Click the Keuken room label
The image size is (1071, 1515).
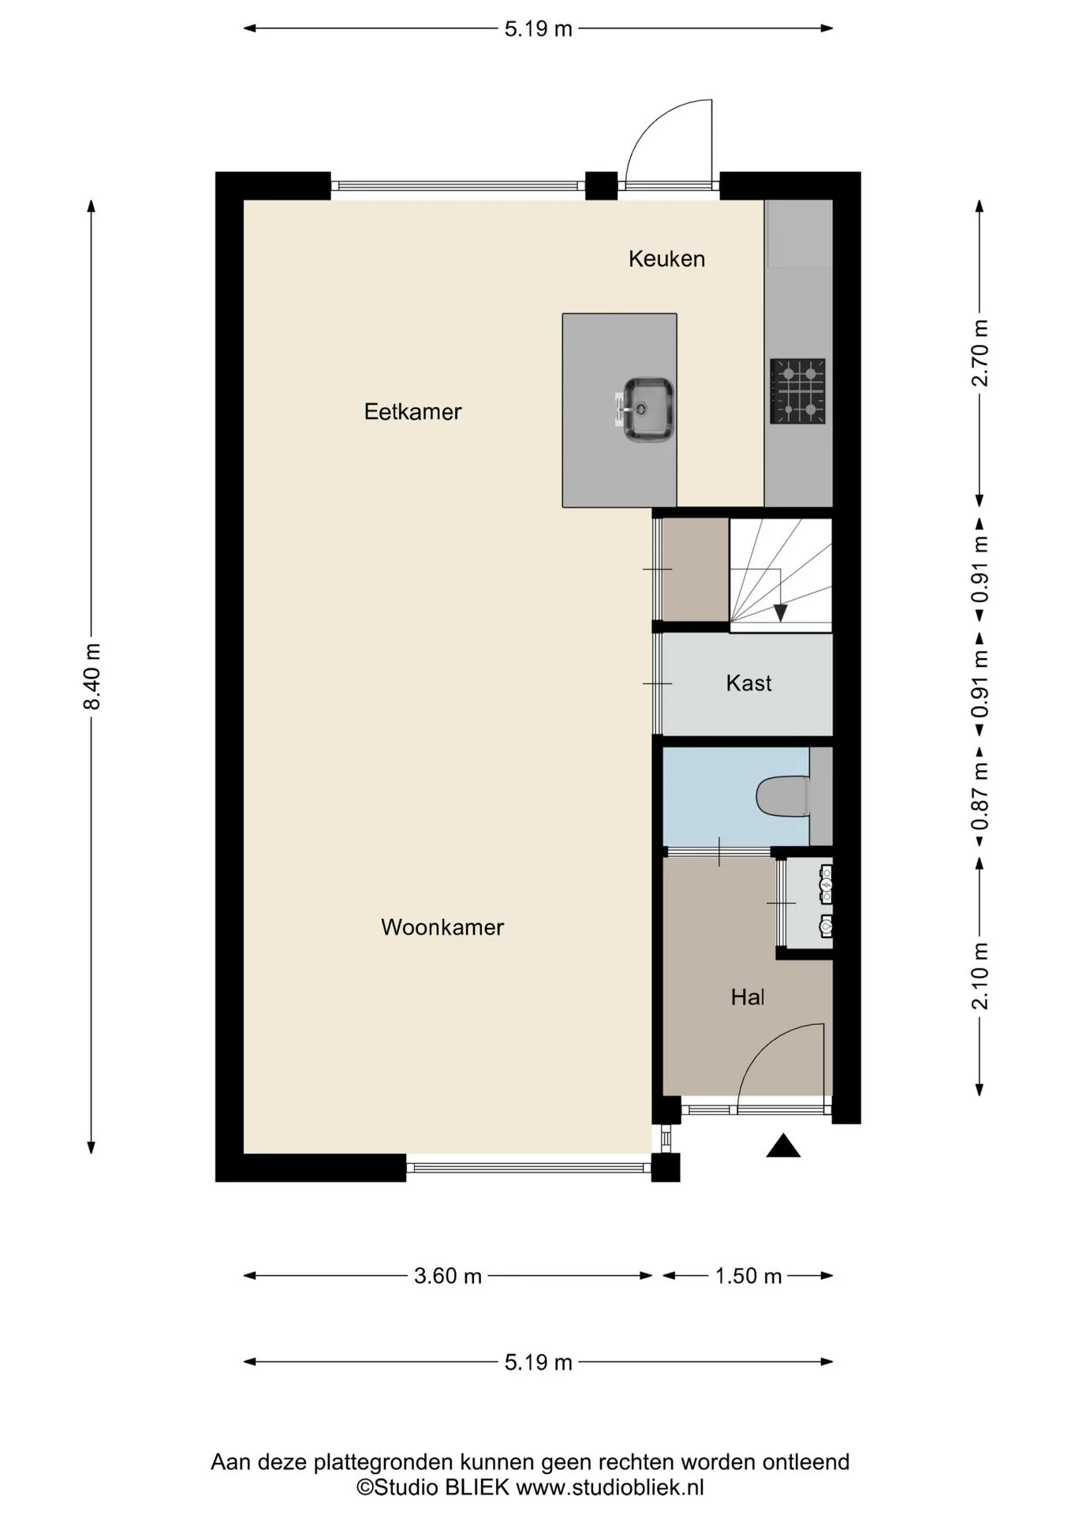point(666,259)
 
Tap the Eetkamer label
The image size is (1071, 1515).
point(412,412)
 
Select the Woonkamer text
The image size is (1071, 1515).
point(442,927)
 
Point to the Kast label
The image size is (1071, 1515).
point(748,683)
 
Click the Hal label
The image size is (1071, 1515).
point(748,997)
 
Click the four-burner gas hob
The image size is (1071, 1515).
point(798,391)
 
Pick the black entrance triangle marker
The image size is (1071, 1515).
point(783,1145)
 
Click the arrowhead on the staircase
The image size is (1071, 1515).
point(780,612)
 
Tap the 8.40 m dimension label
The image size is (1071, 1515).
point(92,676)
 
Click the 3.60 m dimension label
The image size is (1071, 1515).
point(448,1276)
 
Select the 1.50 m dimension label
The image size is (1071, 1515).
point(748,1276)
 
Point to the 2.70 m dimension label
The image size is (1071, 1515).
point(980,353)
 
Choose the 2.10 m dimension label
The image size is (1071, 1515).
point(980,976)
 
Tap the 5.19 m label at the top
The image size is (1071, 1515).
point(539,29)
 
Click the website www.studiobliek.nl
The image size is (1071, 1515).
point(610,1487)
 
